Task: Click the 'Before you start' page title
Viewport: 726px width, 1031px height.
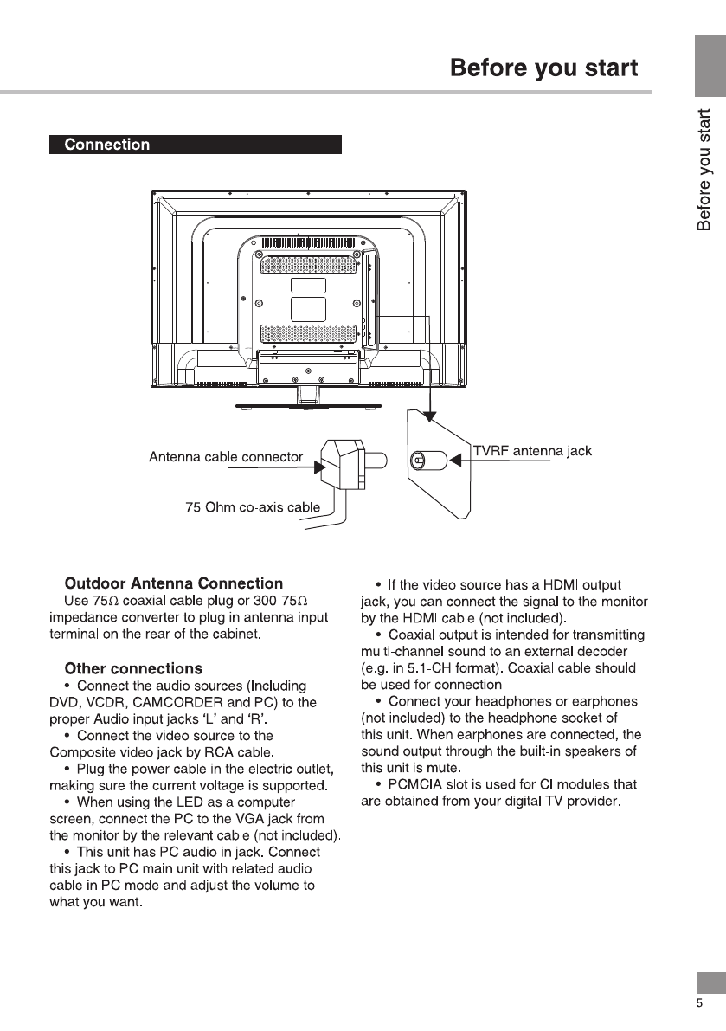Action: [544, 68]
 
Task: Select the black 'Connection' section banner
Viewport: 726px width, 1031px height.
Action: [196, 145]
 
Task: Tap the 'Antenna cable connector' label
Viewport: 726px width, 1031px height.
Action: [226, 457]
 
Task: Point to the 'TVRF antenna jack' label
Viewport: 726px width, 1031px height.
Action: [533, 451]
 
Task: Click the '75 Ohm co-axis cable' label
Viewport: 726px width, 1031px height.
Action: [253, 507]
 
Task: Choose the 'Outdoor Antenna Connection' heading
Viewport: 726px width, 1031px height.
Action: [174, 583]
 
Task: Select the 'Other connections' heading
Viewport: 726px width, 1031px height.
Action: [133, 668]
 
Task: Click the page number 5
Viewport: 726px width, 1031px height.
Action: [699, 1003]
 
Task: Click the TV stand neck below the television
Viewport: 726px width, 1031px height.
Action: [308, 395]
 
